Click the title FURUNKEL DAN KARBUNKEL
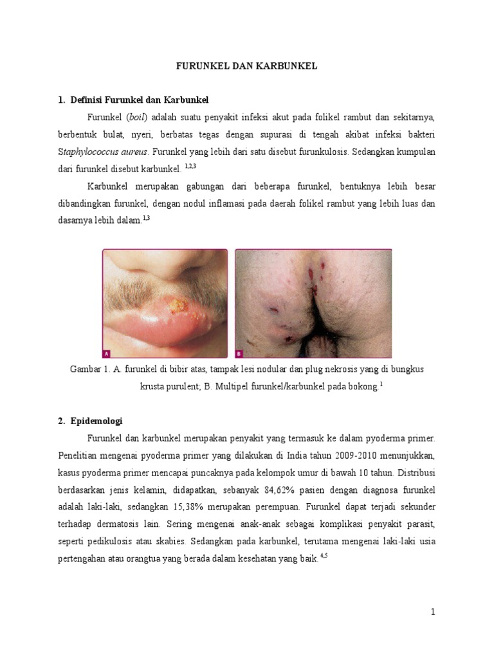click(x=247, y=66)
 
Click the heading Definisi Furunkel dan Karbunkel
click(x=138, y=100)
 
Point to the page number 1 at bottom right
click(x=434, y=612)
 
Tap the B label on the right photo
click(x=239, y=353)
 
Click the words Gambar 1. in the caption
click(x=89, y=370)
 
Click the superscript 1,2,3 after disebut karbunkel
click(x=190, y=166)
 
